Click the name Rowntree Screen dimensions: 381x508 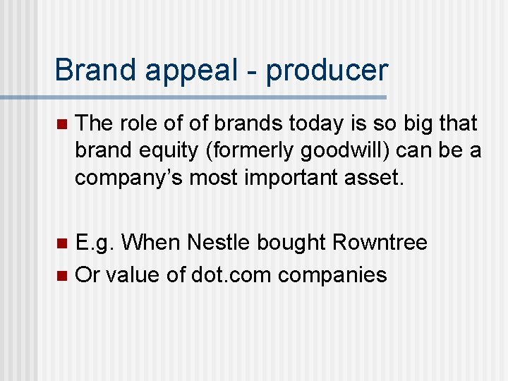[380, 243]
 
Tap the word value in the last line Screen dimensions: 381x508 [135, 274]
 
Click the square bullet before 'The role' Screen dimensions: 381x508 [61, 124]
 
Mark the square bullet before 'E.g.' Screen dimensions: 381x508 [61, 243]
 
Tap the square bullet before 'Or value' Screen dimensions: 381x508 [61, 274]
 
